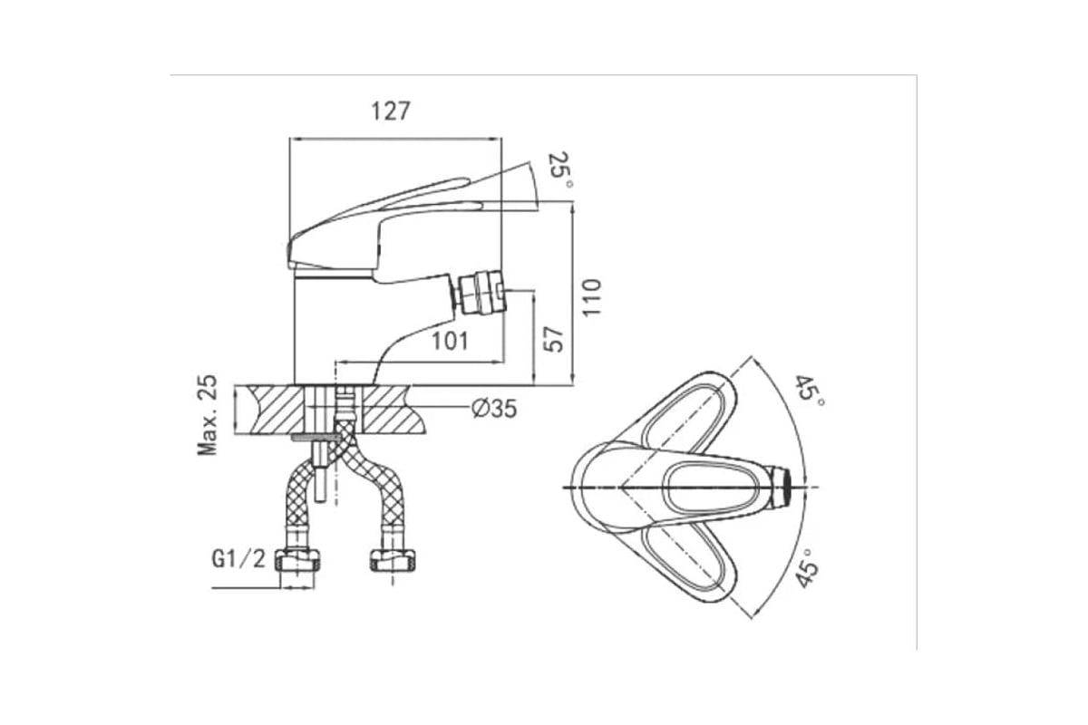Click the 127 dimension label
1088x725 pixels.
(x=391, y=111)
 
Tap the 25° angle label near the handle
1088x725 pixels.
(x=560, y=171)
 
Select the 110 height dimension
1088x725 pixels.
(x=591, y=297)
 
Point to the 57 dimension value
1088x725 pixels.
(x=554, y=339)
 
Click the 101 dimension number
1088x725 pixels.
(x=451, y=341)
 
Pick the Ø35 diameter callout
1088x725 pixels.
(x=494, y=409)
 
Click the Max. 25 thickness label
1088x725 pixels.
(x=208, y=415)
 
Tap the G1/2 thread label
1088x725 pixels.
(x=238, y=559)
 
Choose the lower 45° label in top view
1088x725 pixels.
(x=806, y=567)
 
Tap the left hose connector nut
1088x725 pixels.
(x=297, y=559)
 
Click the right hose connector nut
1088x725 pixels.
(x=393, y=559)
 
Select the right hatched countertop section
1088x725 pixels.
(x=393, y=409)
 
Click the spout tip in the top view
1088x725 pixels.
(x=781, y=487)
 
